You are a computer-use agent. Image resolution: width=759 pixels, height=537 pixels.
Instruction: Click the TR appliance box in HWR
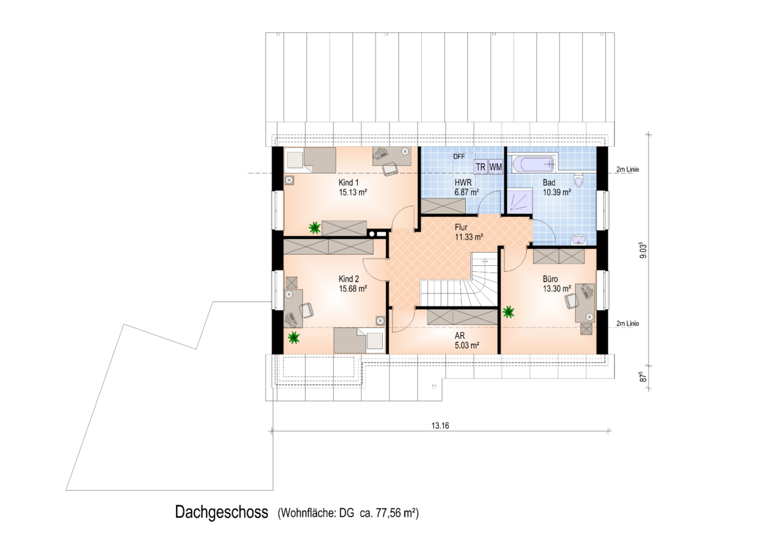(x=481, y=167)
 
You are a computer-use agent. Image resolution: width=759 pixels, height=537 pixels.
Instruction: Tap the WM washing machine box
(x=496, y=167)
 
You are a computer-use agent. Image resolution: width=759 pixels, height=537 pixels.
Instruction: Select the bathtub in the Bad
(x=535, y=164)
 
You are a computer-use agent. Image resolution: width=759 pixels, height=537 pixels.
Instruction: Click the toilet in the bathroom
(x=579, y=180)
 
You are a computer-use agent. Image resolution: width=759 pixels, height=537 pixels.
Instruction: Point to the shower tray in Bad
(x=520, y=200)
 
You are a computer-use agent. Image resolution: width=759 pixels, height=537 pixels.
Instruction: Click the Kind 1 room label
(x=349, y=183)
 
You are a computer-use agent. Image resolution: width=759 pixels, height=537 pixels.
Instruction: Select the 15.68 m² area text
(x=353, y=289)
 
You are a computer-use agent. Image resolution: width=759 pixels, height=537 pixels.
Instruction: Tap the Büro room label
(x=550, y=279)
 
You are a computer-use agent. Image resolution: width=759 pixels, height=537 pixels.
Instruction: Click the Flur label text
(x=461, y=227)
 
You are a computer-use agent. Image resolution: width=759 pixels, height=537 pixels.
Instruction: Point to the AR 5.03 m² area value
(x=467, y=346)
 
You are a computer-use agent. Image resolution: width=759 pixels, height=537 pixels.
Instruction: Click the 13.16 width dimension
(x=440, y=426)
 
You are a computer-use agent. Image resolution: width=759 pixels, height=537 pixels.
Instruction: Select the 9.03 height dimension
(x=643, y=250)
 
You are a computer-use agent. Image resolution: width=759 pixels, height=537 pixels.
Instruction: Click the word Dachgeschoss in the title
(x=222, y=512)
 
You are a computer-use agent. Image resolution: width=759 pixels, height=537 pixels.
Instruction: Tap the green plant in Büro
(x=508, y=312)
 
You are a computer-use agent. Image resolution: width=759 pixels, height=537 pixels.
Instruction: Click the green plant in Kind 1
(x=315, y=227)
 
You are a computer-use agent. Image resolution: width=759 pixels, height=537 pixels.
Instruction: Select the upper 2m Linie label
(x=627, y=169)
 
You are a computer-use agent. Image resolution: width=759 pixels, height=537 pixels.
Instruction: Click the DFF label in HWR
(x=459, y=157)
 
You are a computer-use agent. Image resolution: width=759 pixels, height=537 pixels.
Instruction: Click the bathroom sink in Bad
(x=578, y=240)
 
